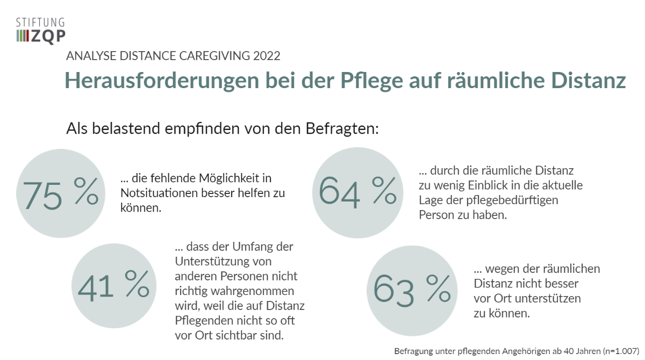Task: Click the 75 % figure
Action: click(x=60, y=193)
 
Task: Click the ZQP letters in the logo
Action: click(x=49, y=35)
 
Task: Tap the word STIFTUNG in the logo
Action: click(x=40, y=23)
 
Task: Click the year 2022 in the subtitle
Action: click(x=267, y=56)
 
